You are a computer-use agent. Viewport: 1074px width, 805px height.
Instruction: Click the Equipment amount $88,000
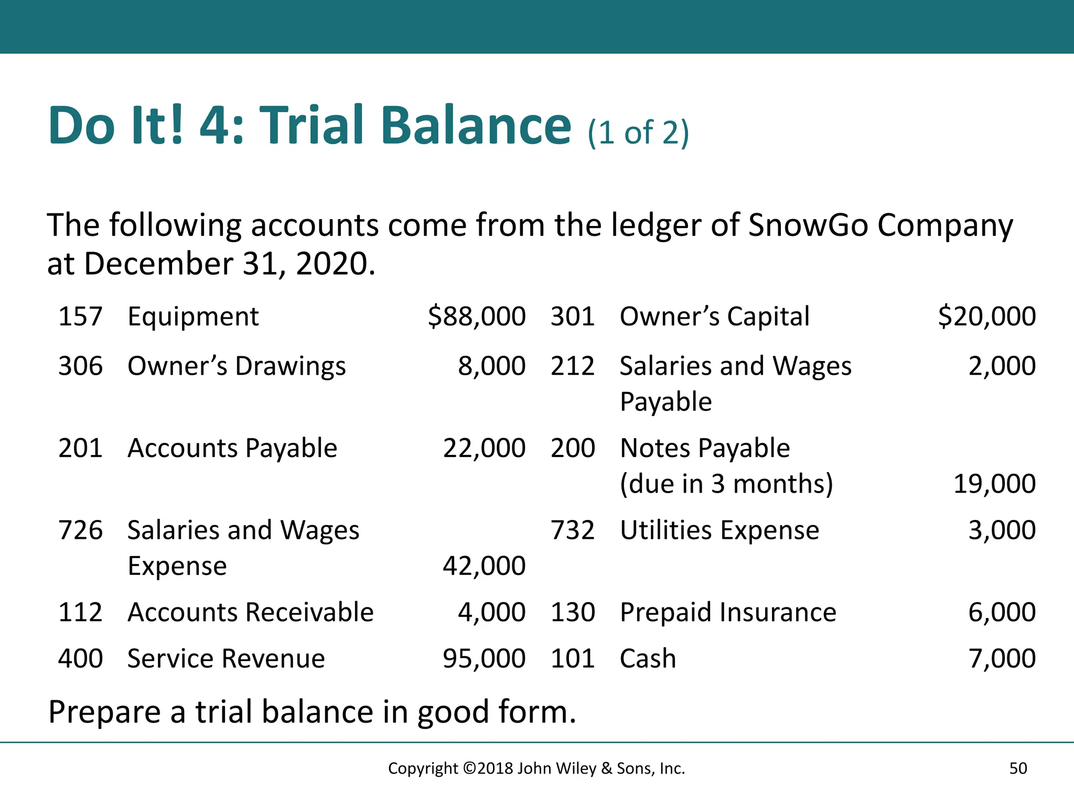tap(476, 317)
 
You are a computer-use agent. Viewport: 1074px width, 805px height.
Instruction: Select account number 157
tap(80, 317)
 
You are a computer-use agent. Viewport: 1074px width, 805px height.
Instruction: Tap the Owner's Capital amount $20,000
tap(986, 317)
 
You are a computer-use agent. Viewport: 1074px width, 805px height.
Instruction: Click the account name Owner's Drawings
tap(237, 366)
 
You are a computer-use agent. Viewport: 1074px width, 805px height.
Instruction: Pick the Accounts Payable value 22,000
tap(484, 448)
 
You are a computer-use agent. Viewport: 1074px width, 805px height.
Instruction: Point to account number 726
tap(80, 530)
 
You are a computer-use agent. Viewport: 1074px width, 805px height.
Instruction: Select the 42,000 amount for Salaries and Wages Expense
tap(484, 566)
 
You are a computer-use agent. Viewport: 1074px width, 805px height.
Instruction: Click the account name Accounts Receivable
tap(250, 612)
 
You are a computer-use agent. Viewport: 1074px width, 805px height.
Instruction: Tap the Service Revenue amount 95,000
tap(484, 658)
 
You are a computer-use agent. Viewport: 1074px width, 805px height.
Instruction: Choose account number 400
tap(80, 658)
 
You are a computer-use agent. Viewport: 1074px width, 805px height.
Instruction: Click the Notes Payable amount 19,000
tap(994, 484)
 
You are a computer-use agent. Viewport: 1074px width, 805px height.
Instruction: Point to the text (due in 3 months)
tap(726, 484)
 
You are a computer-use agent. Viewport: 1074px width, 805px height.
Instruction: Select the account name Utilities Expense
tap(719, 530)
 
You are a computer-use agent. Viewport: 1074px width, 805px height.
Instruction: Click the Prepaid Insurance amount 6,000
tap(1002, 612)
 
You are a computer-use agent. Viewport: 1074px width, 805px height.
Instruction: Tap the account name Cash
tap(648, 658)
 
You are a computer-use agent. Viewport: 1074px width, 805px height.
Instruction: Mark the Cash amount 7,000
tap(1002, 658)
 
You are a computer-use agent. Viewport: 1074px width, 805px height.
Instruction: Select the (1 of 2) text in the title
tap(638, 133)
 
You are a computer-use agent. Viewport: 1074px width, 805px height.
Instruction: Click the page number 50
tap(1018, 768)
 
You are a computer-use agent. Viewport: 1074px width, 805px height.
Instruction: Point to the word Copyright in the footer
tap(423, 768)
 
